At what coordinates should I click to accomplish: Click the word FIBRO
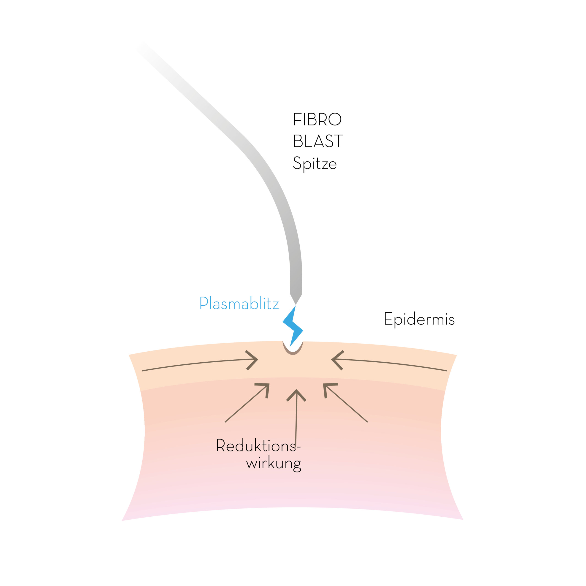click(317, 119)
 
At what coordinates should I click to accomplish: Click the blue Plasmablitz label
click(239, 303)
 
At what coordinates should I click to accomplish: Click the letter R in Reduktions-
click(220, 445)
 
